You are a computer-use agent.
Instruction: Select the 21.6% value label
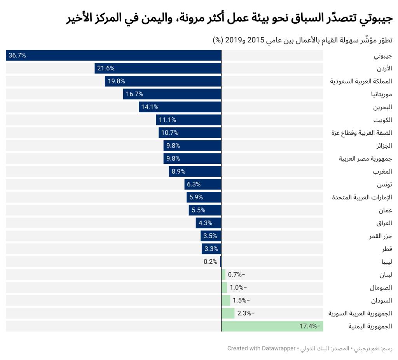click(x=106, y=68)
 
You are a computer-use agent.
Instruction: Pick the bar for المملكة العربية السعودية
click(x=163, y=81)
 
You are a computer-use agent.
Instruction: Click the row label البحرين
click(x=382, y=107)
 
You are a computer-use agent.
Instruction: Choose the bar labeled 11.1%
click(x=189, y=120)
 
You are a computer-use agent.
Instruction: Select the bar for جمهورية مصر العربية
click(x=192, y=158)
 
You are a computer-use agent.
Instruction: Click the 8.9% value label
click(x=178, y=171)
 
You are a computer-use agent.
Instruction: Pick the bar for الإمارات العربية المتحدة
click(x=204, y=197)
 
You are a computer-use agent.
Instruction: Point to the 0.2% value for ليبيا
click(x=210, y=261)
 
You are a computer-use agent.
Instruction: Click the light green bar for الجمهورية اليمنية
click(x=272, y=326)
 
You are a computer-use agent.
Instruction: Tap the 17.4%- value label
click(x=311, y=326)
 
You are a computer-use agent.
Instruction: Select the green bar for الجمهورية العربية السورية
click(x=228, y=313)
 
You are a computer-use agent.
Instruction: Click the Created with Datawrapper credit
click(x=261, y=348)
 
